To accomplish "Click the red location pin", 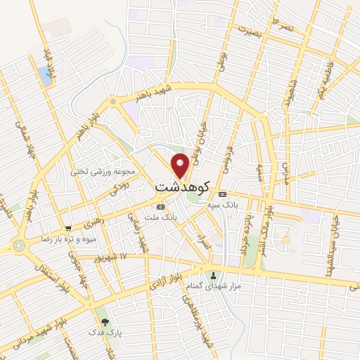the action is pyautogui.click(x=181, y=165).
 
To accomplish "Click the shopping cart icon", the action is pyautogui.click(x=68, y=229).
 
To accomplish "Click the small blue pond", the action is pyautogui.click(x=46, y=75).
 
